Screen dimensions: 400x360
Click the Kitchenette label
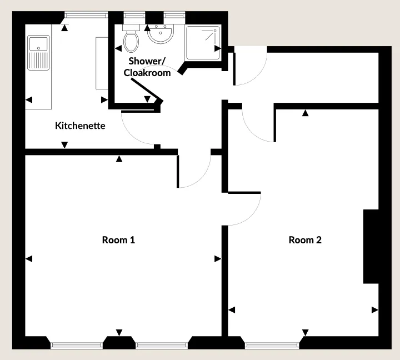80,126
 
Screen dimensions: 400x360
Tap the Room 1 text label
118,240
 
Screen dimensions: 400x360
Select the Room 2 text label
305,240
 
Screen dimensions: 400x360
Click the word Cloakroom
147,73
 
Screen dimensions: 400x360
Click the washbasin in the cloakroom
161,34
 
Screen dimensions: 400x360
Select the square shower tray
203,43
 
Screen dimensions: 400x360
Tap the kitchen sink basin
38,44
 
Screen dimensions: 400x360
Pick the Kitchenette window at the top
86,16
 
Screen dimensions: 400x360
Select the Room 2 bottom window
272,346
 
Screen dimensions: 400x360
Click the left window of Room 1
77,346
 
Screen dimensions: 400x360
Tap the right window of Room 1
162,346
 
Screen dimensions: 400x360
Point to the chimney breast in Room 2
371,247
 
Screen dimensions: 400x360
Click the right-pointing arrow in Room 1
218,259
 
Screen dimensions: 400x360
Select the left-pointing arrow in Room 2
232,310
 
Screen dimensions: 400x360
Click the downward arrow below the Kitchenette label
64,145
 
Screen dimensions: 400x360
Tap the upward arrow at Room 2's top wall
306,113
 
